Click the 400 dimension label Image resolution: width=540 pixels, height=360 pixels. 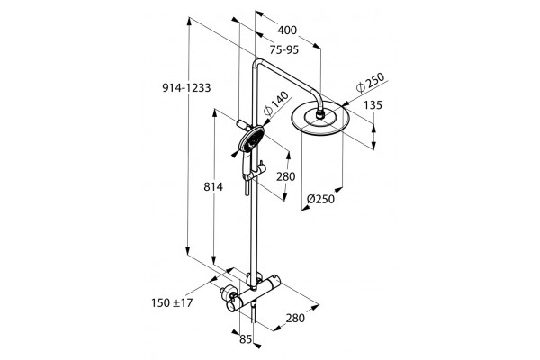[287, 31]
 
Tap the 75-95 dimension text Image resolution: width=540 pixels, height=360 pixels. [284, 50]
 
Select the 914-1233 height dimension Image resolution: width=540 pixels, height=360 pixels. [186, 88]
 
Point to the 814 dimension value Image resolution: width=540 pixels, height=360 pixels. [213, 186]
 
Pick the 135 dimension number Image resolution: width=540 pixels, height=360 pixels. [373, 105]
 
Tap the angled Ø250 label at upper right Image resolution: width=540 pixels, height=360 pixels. [370, 83]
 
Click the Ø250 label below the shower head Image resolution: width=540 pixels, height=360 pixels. [320, 199]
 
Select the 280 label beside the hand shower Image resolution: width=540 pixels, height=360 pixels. [286, 176]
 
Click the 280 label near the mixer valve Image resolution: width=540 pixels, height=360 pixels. [295, 318]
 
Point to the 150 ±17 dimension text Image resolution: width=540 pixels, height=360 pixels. [172, 302]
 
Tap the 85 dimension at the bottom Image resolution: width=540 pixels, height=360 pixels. [246, 339]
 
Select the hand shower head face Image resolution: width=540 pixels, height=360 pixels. [252, 139]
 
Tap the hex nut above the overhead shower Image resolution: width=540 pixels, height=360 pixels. [320, 114]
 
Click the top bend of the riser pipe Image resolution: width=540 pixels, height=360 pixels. [259, 62]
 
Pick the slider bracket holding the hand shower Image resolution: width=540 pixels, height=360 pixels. [255, 172]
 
